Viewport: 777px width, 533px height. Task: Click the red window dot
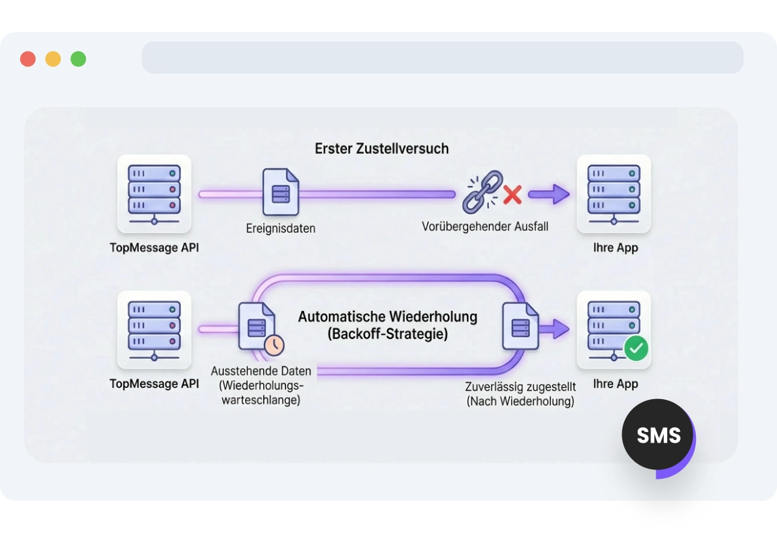click(x=27, y=59)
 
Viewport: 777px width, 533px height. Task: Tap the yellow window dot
click(x=53, y=59)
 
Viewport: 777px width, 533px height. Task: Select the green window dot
click(x=78, y=59)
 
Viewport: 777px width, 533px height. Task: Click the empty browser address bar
click(x=442, y=58)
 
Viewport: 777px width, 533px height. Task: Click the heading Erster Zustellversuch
click(x=381, y=148)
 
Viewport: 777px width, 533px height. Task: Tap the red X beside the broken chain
click(x=512, y=195)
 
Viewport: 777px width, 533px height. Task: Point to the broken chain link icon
click(x=483, y=192)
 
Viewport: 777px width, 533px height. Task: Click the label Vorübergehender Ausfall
click(x=485, y=226)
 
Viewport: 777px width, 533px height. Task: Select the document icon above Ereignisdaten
click(x=281, y=192)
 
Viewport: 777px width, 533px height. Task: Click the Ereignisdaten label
click(x=281, y=228)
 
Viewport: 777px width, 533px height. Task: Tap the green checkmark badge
click(x=636, y=348)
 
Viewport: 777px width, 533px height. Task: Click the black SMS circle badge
click(x=658, y=435)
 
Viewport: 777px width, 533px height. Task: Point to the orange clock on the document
click(x=274, y=345)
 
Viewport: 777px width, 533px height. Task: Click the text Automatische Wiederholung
click(x=387, y=316)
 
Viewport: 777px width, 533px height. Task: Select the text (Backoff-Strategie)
click(x=387, y=333)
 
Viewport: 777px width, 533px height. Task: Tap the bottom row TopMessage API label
click(x=154, y=384)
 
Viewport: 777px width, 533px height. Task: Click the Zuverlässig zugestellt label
click(x=520, y=387)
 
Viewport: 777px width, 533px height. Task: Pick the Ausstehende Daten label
click(x=261, y=371)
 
